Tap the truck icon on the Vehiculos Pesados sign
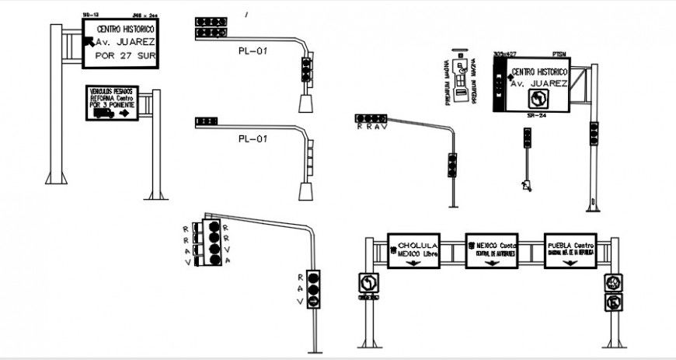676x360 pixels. (103, 113)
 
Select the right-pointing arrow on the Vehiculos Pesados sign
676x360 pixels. (124, 113)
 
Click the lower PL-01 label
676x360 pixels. (253, 139)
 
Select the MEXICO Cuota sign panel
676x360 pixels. (492, 250)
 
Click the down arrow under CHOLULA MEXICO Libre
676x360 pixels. (413, 263)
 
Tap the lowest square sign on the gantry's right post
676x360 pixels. (615, 301)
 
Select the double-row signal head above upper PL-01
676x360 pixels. (211, 28)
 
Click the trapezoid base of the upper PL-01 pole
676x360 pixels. (306, 103)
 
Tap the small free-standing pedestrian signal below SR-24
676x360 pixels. (528, 140)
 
